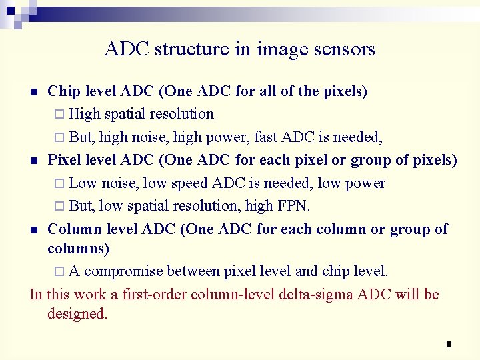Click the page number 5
click(x=449, y=344)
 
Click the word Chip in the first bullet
click(x=63, y=91)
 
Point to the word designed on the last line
click(x=77, y=314)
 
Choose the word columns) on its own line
click(x=79, y=249)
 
